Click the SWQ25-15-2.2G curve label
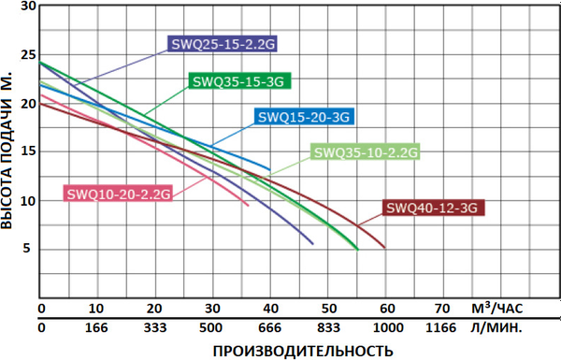coord(223,43)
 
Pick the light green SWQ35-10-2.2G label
coord(365,151)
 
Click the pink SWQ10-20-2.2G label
coord(119,194)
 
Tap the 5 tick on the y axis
coord(30,249)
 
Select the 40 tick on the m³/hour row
coord(270,309)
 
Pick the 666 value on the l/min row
coord(270,328)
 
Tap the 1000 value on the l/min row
coord(385,328)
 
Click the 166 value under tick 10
coord(97,328)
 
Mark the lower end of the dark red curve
coord(384,248)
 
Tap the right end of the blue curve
coord(270,170)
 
